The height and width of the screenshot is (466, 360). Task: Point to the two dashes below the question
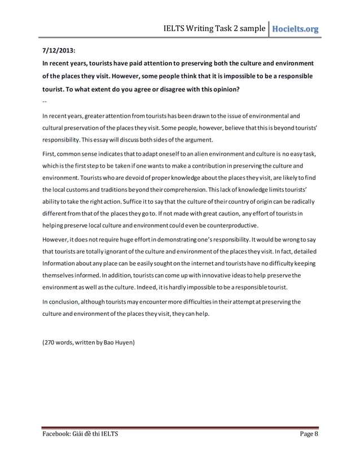click(45, 102)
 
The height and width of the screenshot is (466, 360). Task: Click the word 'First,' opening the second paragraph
click(51, 153)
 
